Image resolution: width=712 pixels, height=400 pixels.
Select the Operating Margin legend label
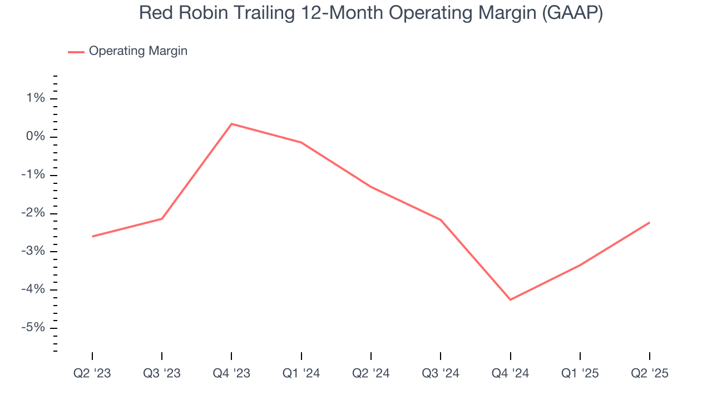138,51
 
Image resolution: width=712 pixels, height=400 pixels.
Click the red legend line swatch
76,52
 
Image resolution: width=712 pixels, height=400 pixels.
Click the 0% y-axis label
35,137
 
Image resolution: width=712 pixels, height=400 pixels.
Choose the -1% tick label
33,176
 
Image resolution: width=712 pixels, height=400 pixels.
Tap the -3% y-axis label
33,252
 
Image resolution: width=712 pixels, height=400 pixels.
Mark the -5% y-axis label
33,328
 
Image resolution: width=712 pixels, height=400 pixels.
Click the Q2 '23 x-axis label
92,373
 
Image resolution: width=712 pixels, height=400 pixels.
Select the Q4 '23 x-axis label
231,373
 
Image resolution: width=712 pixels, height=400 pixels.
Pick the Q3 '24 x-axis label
441,373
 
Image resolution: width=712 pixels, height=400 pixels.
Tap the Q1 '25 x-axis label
580,373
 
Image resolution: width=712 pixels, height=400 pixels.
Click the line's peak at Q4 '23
231,124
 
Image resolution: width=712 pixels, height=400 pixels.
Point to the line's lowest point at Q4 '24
510,300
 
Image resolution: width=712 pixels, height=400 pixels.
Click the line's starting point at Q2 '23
92,237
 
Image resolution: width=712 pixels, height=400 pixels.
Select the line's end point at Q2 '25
649,223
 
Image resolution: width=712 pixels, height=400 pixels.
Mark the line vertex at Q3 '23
162,219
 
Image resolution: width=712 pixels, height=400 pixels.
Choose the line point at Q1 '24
301,143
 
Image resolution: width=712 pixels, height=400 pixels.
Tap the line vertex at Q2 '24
371,187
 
